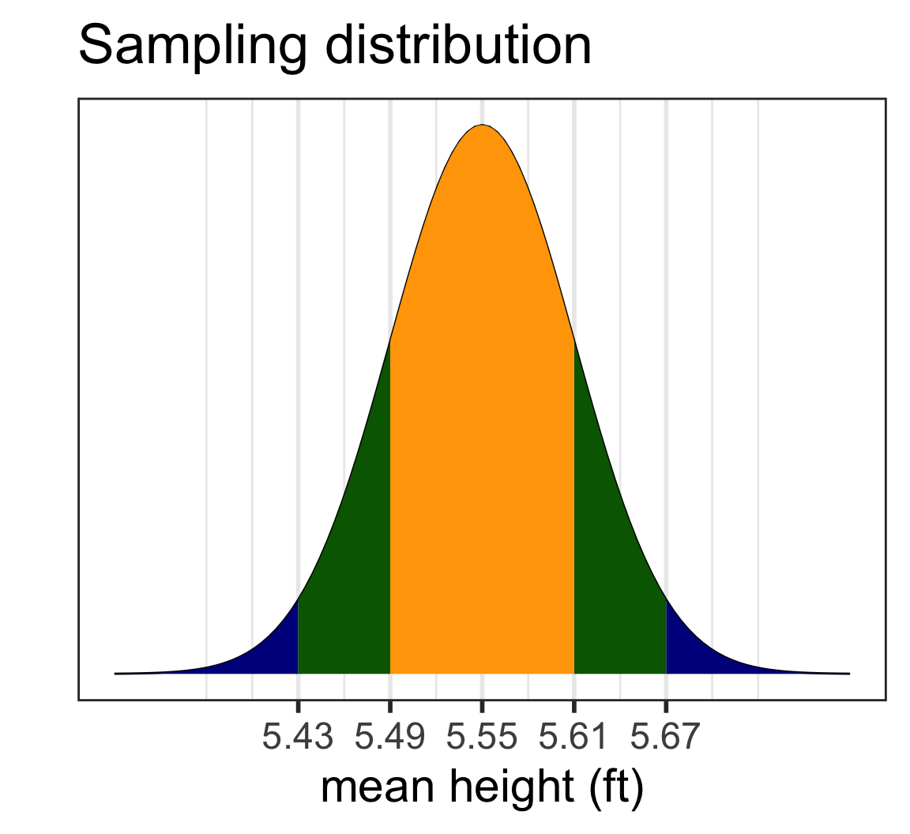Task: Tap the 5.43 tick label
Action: point(298,738)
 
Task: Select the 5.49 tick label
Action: point(390,738)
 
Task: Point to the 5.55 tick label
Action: point(482,738)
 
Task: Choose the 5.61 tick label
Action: point(574,738)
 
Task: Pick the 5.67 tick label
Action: point(666,738)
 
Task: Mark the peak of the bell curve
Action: point(482,125)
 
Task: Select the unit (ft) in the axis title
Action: point(615,790)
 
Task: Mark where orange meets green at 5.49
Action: point(390,505)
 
